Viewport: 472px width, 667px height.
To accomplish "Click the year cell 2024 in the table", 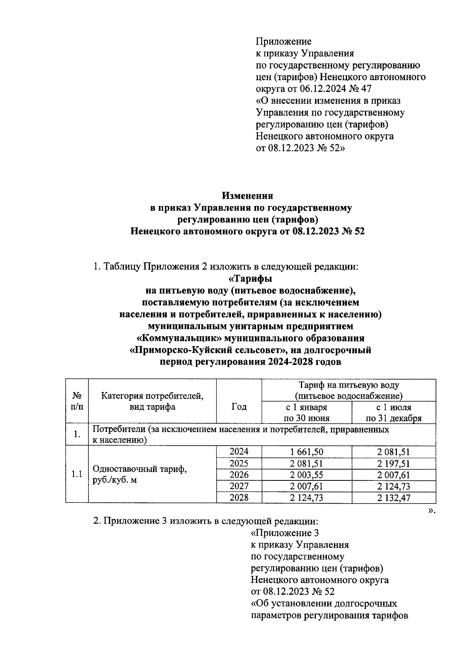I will pos(239,452).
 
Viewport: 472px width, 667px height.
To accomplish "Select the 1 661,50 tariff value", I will pos(306,452).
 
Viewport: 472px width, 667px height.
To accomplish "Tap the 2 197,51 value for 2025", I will pos(393,464).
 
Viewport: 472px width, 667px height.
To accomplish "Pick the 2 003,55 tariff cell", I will pos(306,475).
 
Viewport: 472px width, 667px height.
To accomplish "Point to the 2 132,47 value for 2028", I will pos(393,498).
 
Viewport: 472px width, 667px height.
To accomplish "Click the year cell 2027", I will pos(239,486).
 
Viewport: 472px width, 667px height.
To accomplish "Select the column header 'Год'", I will pos(239,407).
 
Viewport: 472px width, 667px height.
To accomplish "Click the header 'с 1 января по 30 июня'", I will pos(306,412).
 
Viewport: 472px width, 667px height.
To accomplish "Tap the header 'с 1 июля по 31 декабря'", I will pos(393,412).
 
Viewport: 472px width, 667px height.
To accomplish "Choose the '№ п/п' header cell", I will pos(77,401).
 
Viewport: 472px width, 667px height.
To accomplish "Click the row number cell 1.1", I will pos(77,474).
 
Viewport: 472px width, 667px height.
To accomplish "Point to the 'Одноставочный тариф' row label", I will pos(139,469).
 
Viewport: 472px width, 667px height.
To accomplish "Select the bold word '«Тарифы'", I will pos(250,279).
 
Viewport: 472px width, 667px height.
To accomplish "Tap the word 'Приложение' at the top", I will pos(284,41).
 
